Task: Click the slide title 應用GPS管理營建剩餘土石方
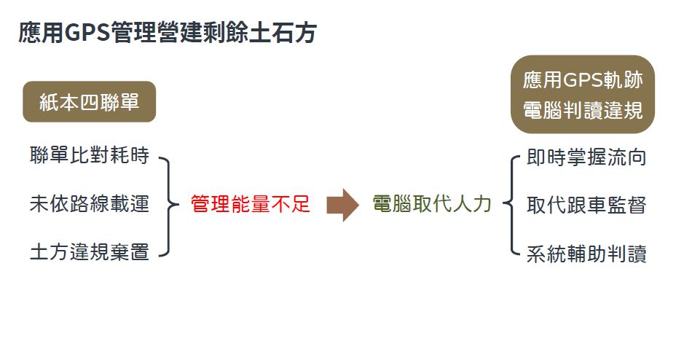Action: point(167,34)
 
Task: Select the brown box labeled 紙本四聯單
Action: point(90,102)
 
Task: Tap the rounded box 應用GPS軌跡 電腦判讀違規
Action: point(583,95)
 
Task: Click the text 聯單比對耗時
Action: point(90,156)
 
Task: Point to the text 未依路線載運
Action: point(90,205)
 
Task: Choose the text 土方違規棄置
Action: point(90,253)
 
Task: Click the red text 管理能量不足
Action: point(251,206)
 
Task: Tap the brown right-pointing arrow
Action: point(342,205)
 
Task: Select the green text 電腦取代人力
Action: point(432,205)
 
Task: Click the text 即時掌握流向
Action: point(586,157)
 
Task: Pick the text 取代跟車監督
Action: point(586,206)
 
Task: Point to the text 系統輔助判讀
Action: point(586,254)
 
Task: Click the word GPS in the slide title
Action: point(87,34)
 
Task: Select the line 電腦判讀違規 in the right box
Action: point(583,111)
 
